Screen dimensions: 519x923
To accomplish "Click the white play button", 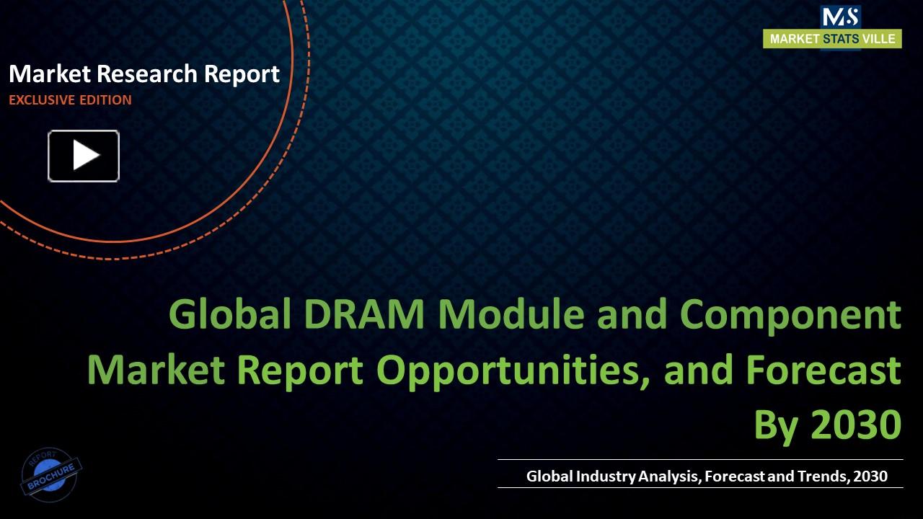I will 84,156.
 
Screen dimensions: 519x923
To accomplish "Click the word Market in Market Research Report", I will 49,74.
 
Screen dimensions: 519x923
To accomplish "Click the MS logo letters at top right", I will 840,17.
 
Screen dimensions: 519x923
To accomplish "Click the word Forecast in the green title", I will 823,370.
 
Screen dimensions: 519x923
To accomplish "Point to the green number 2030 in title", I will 856,425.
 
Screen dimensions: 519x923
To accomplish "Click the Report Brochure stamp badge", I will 50,473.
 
